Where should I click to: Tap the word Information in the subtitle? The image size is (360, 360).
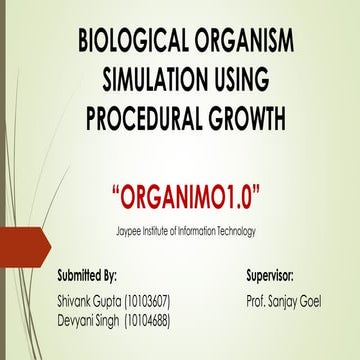[187, 231]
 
